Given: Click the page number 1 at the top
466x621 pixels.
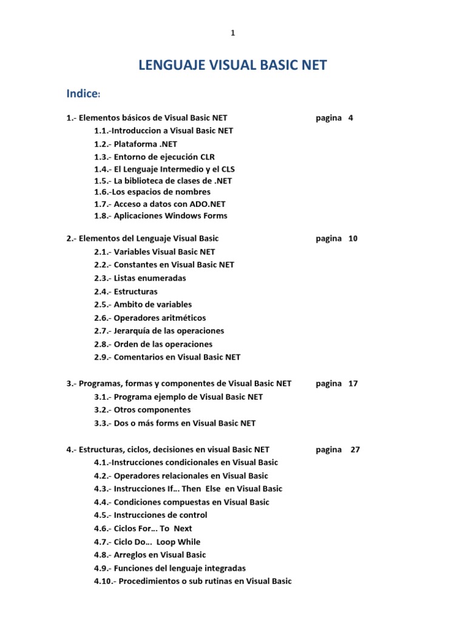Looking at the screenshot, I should (232, 33).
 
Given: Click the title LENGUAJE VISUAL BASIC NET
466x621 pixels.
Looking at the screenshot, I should (233, 65).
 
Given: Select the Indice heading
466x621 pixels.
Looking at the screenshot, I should (83, 93).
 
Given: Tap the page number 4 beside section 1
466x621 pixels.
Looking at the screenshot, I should (351, 118).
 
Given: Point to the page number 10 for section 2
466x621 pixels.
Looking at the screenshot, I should (353, 238).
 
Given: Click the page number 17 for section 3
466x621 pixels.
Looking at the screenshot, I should (353, 383).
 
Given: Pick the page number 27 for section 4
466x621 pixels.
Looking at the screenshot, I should (355, 449).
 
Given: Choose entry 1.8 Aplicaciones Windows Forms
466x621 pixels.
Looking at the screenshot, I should (160, 215).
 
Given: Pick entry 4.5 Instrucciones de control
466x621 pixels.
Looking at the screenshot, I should (150, 515).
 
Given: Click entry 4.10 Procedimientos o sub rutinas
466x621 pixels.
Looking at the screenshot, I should (192, 581).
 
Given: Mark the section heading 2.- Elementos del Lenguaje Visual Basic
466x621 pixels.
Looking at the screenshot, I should (143, 238).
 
